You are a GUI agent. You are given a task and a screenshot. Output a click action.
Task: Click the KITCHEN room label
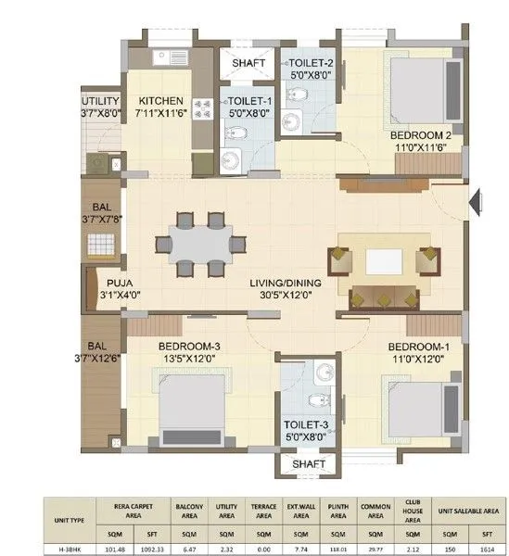click(160, 101)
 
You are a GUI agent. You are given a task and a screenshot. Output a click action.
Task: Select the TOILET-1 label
click(248, 101)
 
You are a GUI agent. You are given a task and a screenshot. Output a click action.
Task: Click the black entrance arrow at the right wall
click(474, 199)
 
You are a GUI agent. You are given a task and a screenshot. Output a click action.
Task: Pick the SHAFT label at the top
click(248, 63)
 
